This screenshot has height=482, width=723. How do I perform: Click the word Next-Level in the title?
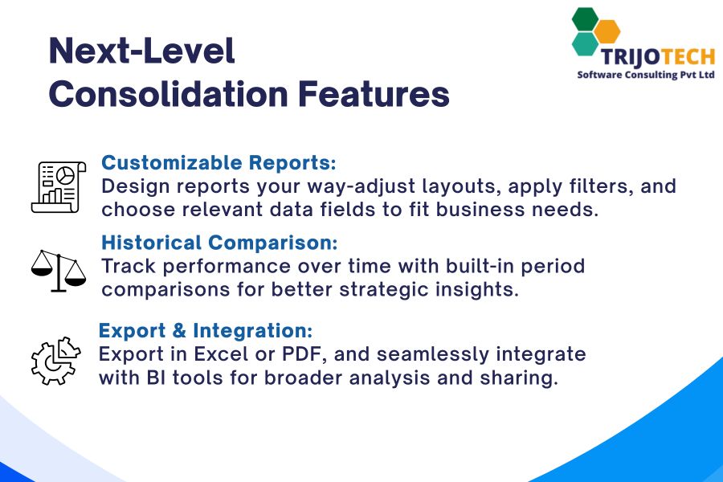click(x=141, y=52)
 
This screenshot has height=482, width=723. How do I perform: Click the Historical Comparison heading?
click(x=220, y=243)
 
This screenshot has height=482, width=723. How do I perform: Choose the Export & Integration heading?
click(x=206, y=331)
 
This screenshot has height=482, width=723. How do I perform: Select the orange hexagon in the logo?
click(x=608, y=32)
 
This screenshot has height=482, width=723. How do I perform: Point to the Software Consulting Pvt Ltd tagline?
click(x=646, y=75)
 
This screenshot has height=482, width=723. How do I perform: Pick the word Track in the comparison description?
click(x=126, y=266)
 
